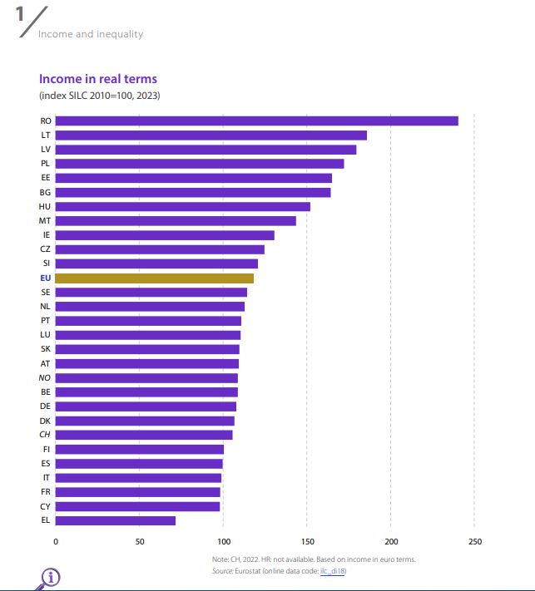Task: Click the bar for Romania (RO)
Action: point(256,121)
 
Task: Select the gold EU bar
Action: point(154,278)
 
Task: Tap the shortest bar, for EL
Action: point(116,520)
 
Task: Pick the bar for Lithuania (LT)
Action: point(211,135)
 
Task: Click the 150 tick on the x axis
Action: point(307,542)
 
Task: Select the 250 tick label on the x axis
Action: point(474,542)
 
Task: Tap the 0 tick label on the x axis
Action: point(56,542)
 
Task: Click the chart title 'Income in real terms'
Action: point(98,79)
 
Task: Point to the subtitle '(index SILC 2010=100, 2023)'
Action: point(100,96)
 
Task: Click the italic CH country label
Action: point(45,435)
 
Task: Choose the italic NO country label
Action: point(45,377)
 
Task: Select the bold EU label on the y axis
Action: point(45,278)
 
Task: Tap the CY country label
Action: point(45,506)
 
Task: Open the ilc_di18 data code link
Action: point(333,571)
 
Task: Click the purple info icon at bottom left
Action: point(50,578)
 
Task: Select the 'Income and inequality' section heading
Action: point(91,34)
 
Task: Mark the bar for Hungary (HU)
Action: point(182,206)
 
